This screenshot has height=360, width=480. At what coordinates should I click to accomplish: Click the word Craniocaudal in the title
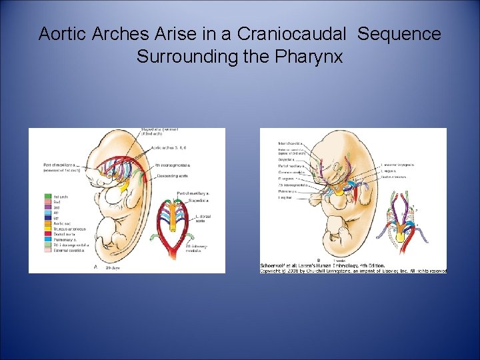point(300,34)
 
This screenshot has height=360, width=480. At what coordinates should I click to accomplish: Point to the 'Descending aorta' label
point(173,176)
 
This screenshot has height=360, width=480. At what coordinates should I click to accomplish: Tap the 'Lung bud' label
point(285,198)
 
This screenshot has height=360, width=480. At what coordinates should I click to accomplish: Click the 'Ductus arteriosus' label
point(393,177)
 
